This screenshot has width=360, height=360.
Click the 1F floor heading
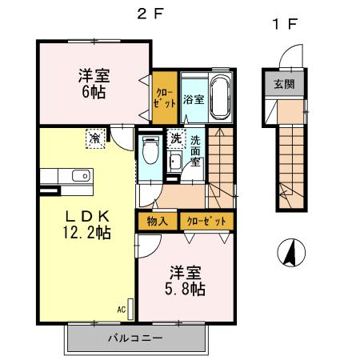(x=286, y=24)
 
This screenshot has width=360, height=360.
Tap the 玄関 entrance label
(x=283, y=84)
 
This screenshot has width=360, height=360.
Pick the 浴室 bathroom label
(x=193, y=100)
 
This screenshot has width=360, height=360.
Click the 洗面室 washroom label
(x=196, y=151)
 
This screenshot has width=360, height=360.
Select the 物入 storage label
(x=157, y=221)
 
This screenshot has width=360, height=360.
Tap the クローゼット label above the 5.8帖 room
(x=206, y=221)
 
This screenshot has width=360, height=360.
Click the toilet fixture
(x=150, y=149)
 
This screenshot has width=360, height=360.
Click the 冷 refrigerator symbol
(x=95, y=139)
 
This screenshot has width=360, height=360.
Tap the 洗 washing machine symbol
(x=175, y=138)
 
